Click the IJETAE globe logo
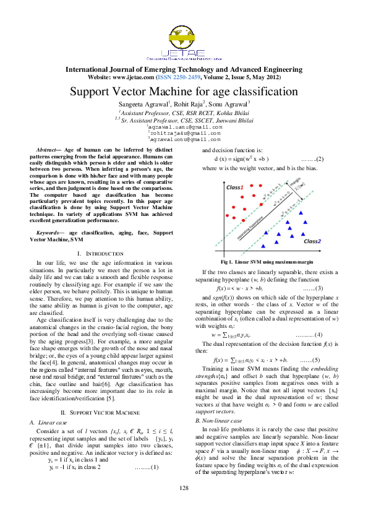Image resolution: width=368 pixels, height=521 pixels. pos(184,34)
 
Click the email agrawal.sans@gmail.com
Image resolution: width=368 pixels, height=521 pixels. pos(184,126)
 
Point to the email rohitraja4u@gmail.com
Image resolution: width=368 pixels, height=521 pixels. pos(184,132)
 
